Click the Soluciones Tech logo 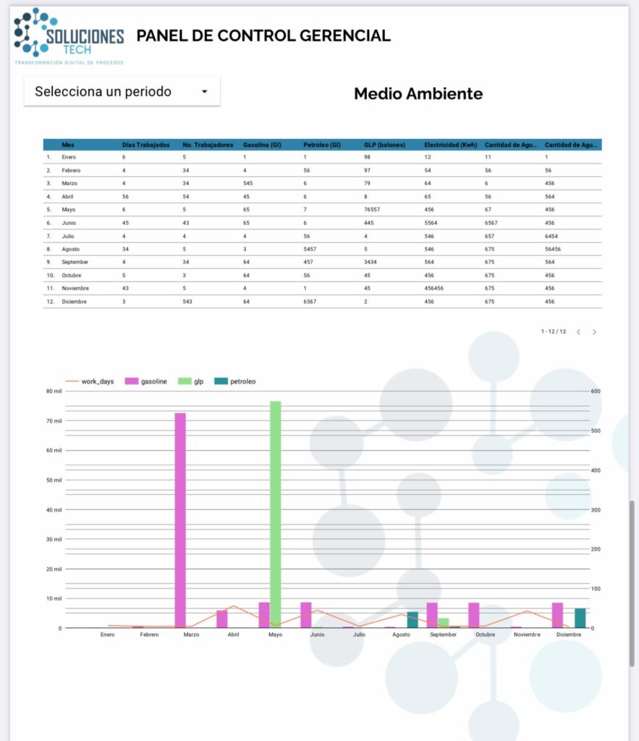click(69, 36)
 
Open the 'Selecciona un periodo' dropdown click(122, 92)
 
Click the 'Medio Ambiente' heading click(418, 93)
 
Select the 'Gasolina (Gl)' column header click(262, 145)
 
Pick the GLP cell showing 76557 click(374, 209)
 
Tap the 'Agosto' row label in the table click(73, 249)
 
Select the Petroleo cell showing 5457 click(312, 249)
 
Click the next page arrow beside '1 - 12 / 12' click(595, 332)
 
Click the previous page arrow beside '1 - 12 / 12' click(578, 332)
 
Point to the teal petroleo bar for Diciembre click(580, 618)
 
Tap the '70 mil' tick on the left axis click(53, 420)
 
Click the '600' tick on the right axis click(596, 391)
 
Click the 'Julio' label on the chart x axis click(359, 635)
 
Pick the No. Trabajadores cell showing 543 click(190, 302)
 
